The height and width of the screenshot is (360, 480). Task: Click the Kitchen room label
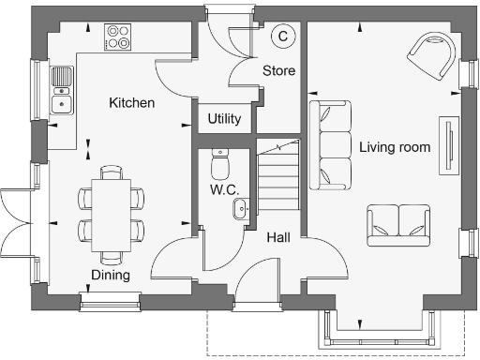coord(131,102)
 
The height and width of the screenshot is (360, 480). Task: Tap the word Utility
coord(225,119)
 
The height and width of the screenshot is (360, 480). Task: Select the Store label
coord(278,70)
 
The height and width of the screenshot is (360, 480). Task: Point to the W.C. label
coord(224,189)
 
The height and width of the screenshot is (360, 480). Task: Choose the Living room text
coord(395,147)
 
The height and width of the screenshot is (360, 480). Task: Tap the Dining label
coord(110,275)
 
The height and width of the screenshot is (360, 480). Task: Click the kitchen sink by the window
coord(62,90)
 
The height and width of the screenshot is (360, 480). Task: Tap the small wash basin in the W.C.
coord(240,208)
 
